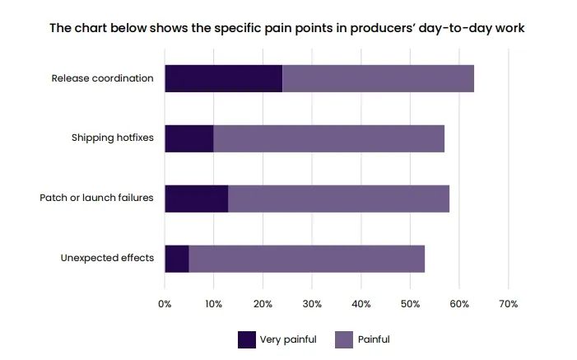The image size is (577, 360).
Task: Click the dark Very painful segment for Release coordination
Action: coord(224,78)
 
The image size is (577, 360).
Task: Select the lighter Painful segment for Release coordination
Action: coord(379,78)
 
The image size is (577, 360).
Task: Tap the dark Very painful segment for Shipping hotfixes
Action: coord(189,138)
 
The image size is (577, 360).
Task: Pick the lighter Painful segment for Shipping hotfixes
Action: coord(329,138)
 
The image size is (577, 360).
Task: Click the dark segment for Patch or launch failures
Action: coord(197,199)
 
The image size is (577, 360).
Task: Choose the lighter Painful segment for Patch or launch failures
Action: coord(339,199)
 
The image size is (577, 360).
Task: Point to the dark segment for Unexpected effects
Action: coord(177,259)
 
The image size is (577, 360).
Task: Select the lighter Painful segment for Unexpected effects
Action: coord(307,259)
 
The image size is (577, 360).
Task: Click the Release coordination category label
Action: coord(102,78)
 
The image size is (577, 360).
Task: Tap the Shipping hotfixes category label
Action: coord(113,138)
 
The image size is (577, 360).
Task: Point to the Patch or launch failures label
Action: coord(96,198)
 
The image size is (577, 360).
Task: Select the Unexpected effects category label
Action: coord(107,258)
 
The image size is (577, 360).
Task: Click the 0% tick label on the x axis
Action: coord(165,304)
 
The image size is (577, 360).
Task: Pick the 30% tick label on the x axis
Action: coord(312,304)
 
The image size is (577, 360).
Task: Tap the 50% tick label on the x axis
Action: coord(410,304)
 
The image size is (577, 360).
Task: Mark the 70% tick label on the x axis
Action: coord(509,304)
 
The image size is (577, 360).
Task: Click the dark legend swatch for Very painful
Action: coord(247,339)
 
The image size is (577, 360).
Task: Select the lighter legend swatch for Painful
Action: coord(344,339)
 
